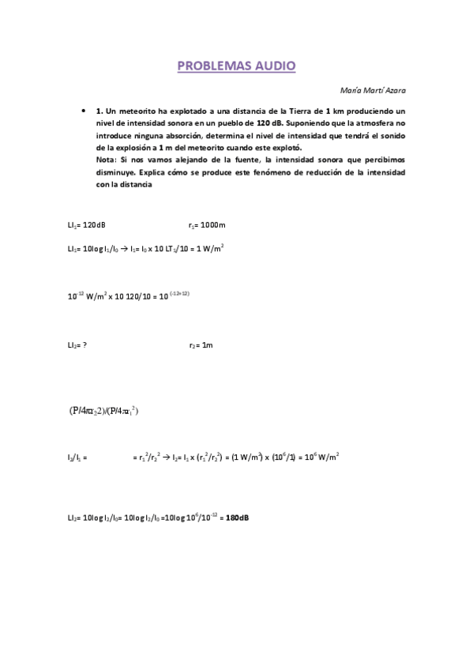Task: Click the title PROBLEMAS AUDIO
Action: [236, 66]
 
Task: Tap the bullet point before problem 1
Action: [84, 112]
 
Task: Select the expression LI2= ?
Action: [77, 344]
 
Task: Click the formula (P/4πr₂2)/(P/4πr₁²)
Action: [103, 411]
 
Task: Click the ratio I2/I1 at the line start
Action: [77, 457]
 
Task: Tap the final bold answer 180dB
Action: [238, 518]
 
